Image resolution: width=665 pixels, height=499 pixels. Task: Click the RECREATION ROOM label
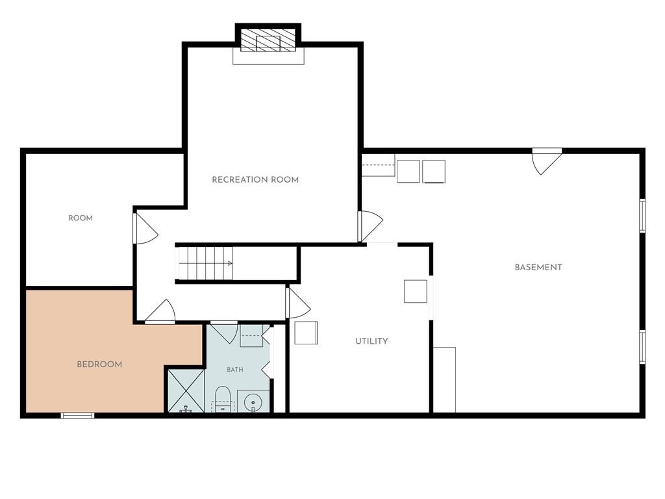click(255, 179)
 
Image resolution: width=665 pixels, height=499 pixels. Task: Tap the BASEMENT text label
click(538, 267)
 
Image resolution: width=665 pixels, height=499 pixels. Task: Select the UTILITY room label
click(371, 341)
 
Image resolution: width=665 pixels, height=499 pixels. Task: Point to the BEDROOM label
click(99, 365)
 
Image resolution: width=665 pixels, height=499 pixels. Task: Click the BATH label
click(235, 370)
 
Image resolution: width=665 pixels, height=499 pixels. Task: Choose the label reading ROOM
click(81, 218)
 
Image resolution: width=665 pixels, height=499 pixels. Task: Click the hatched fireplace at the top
click(268, 40)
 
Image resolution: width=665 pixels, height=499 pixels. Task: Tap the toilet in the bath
click(222, 400)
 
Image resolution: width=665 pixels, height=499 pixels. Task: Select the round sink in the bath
click(253, 401)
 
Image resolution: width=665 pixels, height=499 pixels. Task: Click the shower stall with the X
click(186, 390)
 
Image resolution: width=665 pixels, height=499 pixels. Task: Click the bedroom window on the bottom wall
click(77, 415)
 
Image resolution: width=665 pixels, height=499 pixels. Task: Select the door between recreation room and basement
click(370, 225)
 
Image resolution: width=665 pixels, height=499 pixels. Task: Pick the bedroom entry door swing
click(160, 312)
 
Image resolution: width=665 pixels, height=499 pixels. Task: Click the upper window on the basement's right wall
click(642, 216)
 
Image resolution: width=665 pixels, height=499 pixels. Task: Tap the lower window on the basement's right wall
click(642, 347)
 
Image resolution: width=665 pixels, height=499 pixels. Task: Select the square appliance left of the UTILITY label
click(306, 333)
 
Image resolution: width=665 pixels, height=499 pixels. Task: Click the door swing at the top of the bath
click(224, 332)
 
